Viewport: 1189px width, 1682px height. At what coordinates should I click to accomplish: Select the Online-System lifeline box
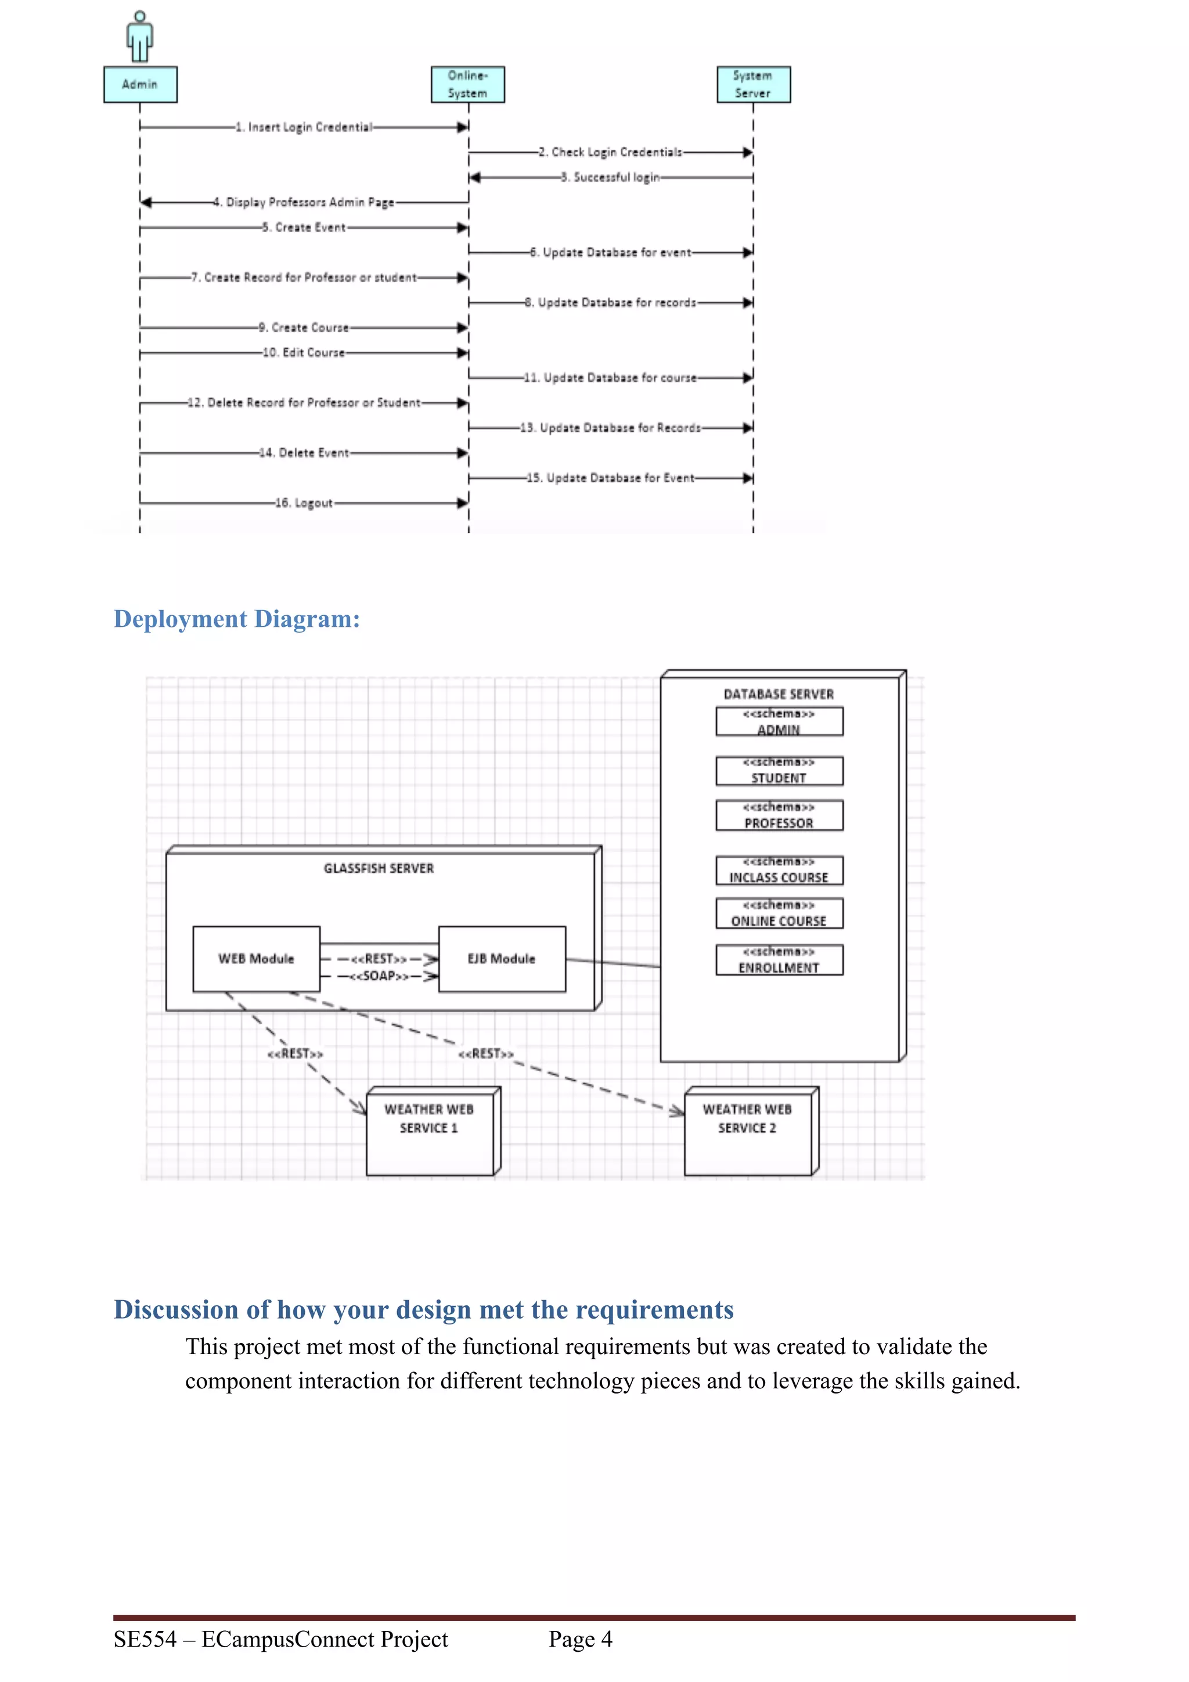click(467, 84)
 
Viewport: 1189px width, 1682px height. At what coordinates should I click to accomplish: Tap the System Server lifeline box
click(753, 84)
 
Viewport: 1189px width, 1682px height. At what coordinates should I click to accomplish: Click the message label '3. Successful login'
click(610, 177)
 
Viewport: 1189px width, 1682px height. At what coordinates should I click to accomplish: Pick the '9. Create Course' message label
click(303, 327)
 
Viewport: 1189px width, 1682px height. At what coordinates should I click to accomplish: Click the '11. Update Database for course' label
click(610, 377)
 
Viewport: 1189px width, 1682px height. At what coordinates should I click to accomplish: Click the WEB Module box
click(255, 958)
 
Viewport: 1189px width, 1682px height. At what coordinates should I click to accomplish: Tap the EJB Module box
click(502, 958)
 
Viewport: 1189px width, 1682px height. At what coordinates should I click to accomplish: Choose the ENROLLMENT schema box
click(779, 959)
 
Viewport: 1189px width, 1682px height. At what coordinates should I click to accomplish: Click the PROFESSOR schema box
click(779, 815)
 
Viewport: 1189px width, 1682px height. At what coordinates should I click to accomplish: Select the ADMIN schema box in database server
click(779, 721)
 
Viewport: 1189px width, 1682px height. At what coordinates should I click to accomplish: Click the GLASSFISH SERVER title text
click(379, 868)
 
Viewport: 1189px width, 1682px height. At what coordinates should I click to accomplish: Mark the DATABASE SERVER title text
click(779, 694)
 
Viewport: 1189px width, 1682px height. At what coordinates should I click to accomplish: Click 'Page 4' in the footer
click(580, 1639)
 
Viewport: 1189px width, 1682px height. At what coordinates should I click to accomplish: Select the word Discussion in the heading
click(176, 1309)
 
